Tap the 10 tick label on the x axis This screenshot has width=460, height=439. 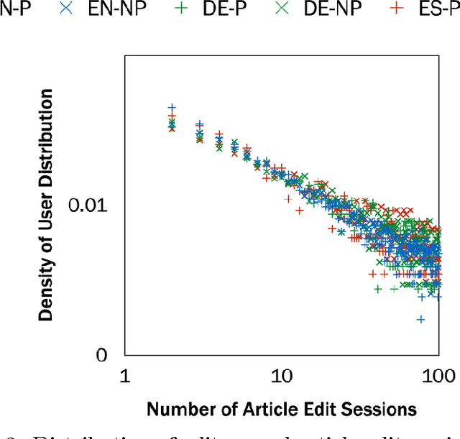click(x=280, y=376)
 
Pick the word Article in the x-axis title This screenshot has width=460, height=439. click(x=250, y=410)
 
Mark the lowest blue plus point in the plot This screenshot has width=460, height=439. click(x=421, y=319)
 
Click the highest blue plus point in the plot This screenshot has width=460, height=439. click(x=172, y=107)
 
